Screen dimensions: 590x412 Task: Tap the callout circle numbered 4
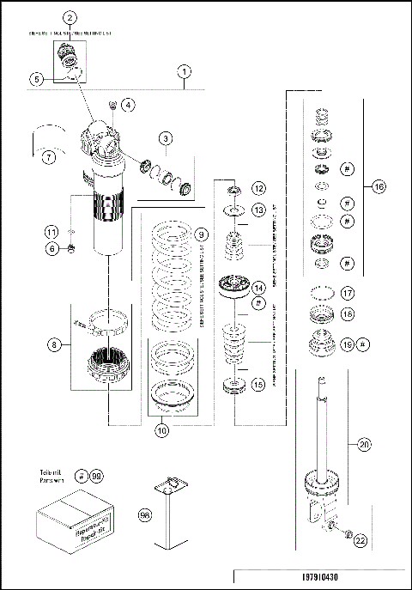click(127, 106)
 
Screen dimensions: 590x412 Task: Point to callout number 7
click(49, 157)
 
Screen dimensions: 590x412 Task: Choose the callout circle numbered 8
click(55, 345)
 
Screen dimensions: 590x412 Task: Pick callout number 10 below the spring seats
click(161, 431)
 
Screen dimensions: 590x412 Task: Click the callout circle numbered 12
click(257, 186)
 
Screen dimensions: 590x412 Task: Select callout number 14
click(258, 288)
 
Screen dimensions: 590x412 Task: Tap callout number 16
click(379, 186)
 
